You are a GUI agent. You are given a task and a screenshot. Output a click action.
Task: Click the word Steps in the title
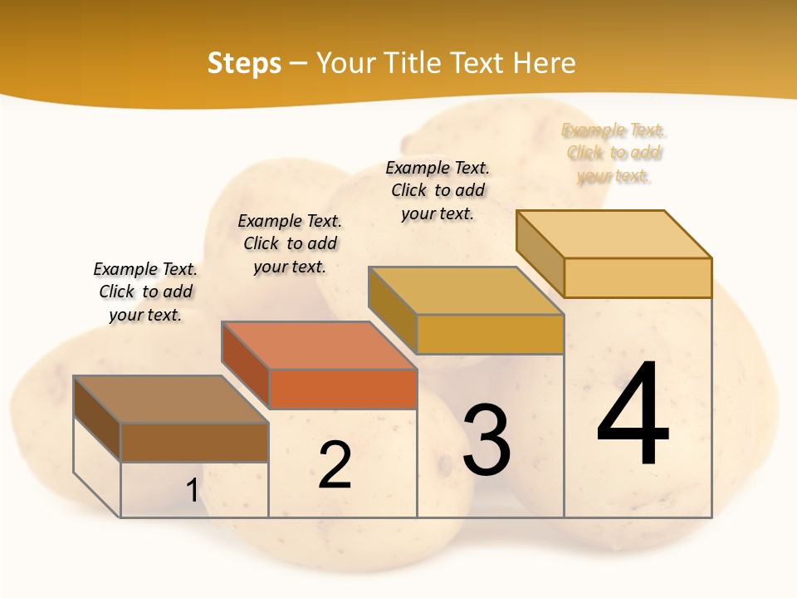pos(244,64)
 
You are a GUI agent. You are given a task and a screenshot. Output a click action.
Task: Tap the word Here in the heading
pos(544,64)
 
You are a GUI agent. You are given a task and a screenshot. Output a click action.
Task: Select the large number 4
pos(633,415)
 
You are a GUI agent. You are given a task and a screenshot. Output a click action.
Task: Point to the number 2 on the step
pos(335,465)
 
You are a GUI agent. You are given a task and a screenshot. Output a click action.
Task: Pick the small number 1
pos(193,491)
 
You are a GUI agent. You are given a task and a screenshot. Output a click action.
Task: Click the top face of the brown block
pos(171,399)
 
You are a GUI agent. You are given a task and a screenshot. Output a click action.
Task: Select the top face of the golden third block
pos(466,291)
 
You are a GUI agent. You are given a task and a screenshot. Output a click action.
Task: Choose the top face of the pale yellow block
pos(614,234)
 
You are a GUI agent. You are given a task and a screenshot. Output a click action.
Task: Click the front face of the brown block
pos(194,442)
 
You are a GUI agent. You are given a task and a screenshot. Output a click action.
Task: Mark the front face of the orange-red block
pos(343,389)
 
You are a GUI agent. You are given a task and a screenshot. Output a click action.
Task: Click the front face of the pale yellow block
pos(638,277)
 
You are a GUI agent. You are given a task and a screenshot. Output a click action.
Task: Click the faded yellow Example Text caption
pos(614,153)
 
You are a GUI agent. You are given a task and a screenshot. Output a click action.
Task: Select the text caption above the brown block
pos(145,292)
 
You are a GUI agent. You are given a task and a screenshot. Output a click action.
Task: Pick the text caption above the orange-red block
pos(290,243)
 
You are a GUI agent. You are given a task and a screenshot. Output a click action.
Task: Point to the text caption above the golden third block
pos(438,190)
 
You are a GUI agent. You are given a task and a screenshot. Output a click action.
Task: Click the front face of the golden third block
pos(490,334)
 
